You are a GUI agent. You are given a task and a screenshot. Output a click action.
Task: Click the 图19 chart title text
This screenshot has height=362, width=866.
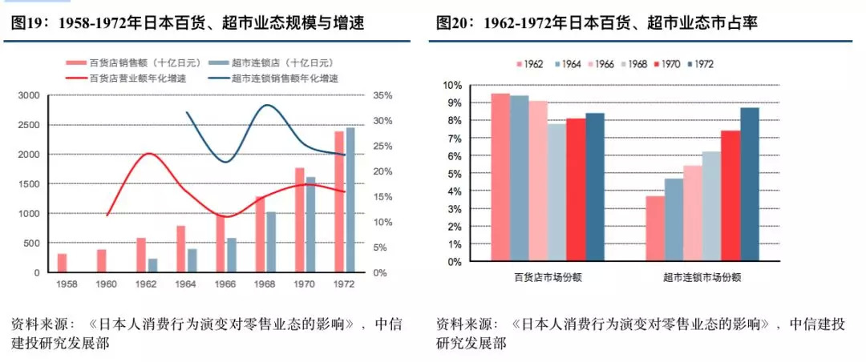tap(188, 24)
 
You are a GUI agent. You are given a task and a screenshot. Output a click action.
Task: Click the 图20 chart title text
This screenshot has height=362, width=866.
tap(597, 24)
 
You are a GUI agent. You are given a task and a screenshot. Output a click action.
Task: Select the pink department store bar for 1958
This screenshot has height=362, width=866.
tap(62, 263)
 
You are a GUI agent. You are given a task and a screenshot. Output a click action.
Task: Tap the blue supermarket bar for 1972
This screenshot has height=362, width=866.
tap(350, 199)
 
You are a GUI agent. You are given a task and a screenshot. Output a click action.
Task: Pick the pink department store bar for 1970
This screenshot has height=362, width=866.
tap(299, 219)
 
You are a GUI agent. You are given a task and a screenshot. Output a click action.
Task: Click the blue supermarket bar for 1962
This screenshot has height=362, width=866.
tap(152, 265)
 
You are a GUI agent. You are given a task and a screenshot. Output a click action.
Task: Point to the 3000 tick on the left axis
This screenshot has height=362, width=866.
tap(27, 95)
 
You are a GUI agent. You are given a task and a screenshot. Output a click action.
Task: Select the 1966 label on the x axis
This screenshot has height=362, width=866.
tap(226, 284)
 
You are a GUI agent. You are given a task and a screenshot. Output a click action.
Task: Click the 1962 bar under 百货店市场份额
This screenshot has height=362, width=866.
tap(500, 177)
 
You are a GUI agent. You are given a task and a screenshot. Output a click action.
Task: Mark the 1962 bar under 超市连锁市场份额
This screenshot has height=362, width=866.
tap(655, 228)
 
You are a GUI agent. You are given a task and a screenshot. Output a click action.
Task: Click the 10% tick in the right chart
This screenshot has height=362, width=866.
tap(451, 85)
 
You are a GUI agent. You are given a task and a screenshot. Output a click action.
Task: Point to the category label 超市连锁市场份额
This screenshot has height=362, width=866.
tap(702, 278)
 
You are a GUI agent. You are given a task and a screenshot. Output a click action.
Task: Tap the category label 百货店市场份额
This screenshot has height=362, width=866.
tap(548, 278)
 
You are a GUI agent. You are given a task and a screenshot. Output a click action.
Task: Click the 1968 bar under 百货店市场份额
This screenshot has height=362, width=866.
tap(556, 192)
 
